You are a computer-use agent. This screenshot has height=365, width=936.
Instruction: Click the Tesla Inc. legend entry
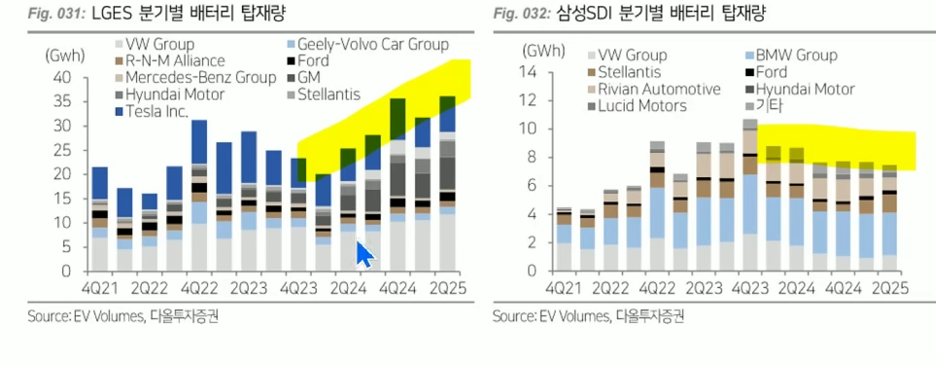pos(152,112)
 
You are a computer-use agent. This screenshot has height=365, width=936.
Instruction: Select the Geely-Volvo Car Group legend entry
pos(367,44)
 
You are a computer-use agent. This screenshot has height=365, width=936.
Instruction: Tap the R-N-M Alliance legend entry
pos(170,61)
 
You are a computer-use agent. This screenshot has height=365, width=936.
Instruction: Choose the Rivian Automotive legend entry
pos(655,90)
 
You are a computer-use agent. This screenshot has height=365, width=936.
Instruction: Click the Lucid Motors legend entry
pos(638,106)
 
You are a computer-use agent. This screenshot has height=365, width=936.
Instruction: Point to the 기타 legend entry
pos(758,106)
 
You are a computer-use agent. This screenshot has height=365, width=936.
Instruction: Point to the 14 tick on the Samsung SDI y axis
pos(532,72)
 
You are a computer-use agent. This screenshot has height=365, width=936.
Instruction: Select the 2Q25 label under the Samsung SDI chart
pos(888,286)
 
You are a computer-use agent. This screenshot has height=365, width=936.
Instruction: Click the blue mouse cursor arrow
pos(364,253)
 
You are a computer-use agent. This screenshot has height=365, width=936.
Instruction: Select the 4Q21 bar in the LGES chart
pos(100,219)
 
